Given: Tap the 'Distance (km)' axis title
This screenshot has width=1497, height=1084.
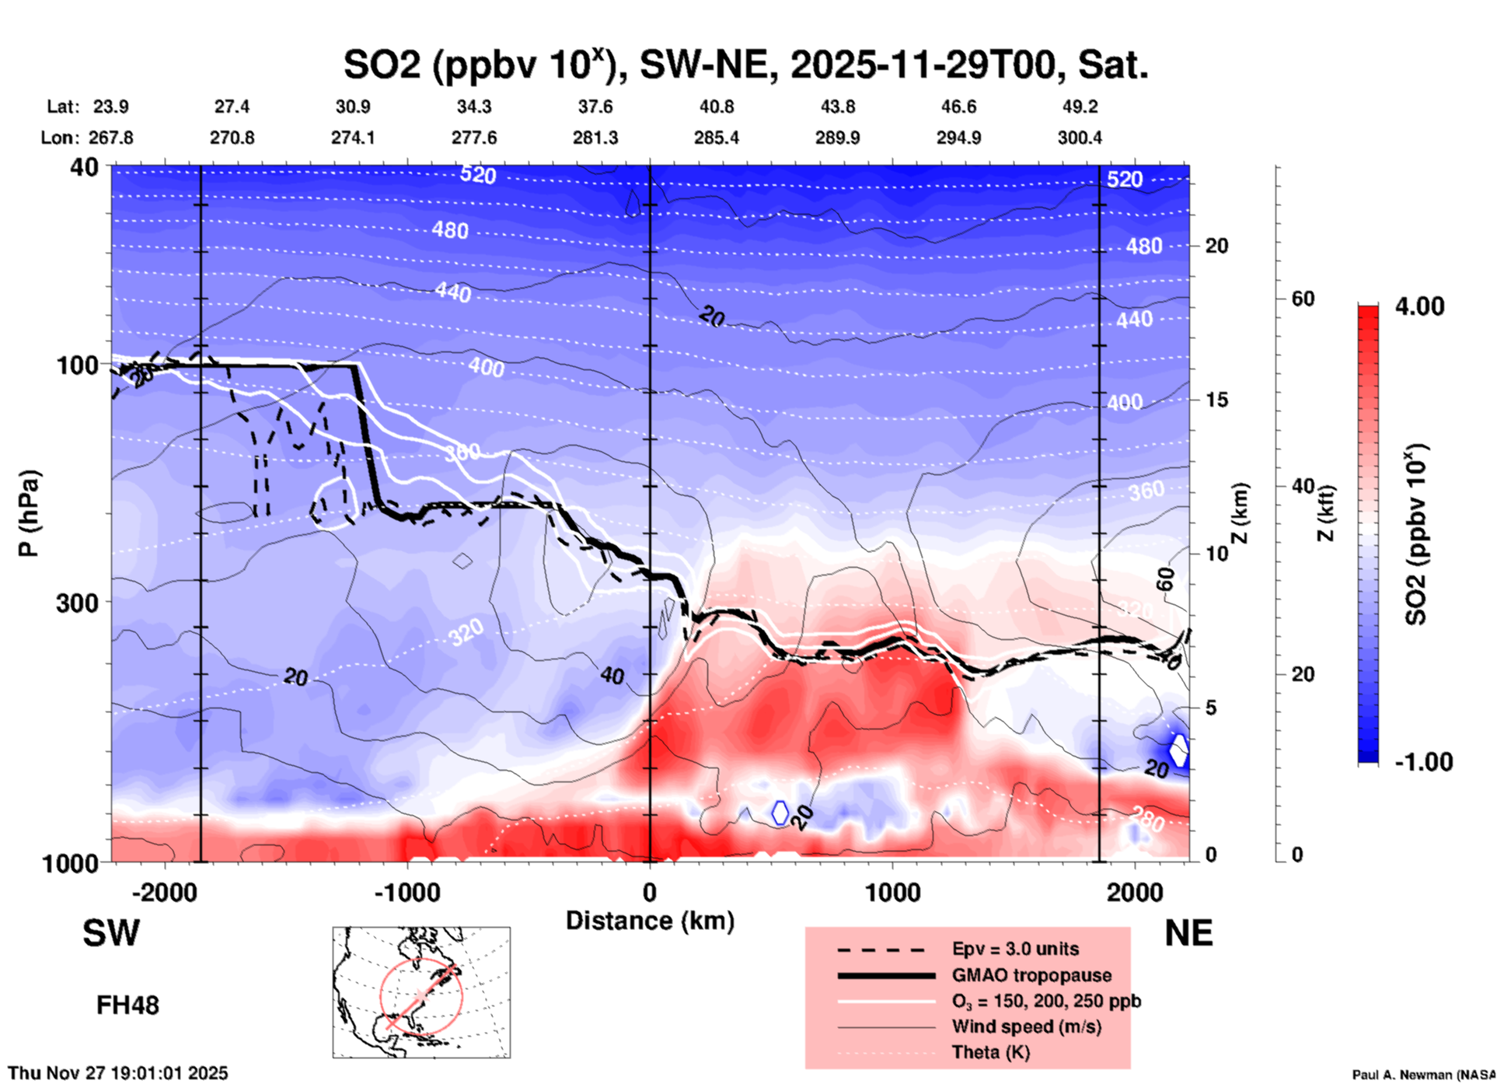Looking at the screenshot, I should pyautogui.click(x=650, y=921).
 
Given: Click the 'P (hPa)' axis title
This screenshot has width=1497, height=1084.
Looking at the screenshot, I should pyautogui.click(x=29, y=513).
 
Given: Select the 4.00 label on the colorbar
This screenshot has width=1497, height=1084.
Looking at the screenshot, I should pyautogui.click(x=1419, y=306).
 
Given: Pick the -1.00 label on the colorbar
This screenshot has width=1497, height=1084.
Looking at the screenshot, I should pyautogui.click(x=1423, y=761).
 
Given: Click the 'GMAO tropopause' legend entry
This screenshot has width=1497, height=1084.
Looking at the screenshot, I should pyautogui.click(x=1031, y=975).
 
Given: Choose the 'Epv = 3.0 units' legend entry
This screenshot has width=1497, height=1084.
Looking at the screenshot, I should pyautogui.click(x=1015, y=949).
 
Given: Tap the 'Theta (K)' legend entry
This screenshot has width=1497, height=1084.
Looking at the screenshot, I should pyautogui.click(x=990, y=1052).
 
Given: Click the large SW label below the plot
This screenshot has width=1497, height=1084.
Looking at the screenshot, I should pyautogui.click(x=111, y=933).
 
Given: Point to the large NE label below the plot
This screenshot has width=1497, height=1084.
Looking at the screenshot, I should pyautogui.click(x=1188, y=933).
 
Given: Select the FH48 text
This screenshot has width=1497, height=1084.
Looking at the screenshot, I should pyautogui.click(x=127, y=1005).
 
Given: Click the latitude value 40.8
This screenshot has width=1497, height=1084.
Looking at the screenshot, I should pyautogui.click(x=716, y=107).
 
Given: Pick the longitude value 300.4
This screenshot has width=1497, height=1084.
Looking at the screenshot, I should pyautogui.click(x=1079, y=138).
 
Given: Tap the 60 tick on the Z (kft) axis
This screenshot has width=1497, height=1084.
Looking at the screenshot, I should pyautogui.click(x=1303, y=299).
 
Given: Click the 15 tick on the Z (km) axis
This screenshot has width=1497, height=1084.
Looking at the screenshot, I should pyautogui.click(x=1216, y=400).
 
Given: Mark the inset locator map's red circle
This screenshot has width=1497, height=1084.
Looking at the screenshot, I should pyautogui.click(x=421, y=995).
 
